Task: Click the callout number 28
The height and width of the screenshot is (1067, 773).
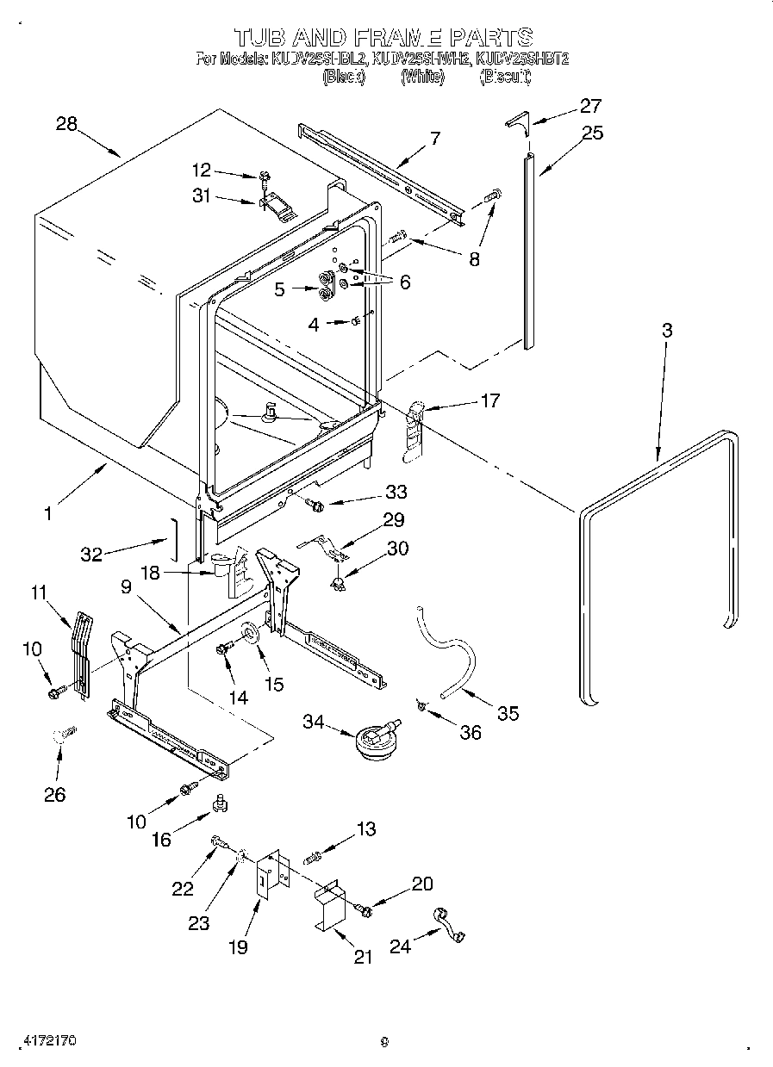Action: click(x=66, y=123)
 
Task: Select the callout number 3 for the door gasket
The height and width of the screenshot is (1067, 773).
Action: click(x=667, y=330)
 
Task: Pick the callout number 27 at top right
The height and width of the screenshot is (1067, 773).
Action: click(x=589, y=106)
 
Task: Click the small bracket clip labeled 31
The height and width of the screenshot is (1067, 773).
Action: click(x=276, y=206)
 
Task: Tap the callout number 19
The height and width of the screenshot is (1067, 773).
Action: click(x=238, y=946)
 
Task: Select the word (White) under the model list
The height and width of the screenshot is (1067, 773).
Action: click(x=422, y=78)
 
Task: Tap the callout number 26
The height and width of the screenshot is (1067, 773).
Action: click(x=54, y=794)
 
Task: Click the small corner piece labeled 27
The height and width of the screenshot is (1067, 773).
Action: click(x=517, y=121)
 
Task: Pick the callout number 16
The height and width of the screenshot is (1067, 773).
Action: click(x=161, y=839)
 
